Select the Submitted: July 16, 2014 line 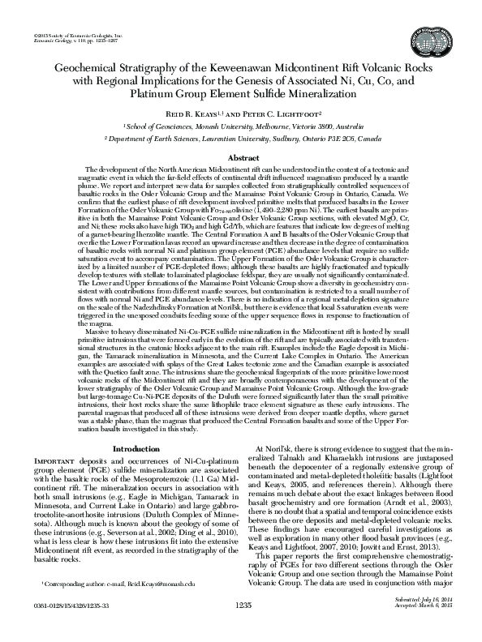coord(412,623)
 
